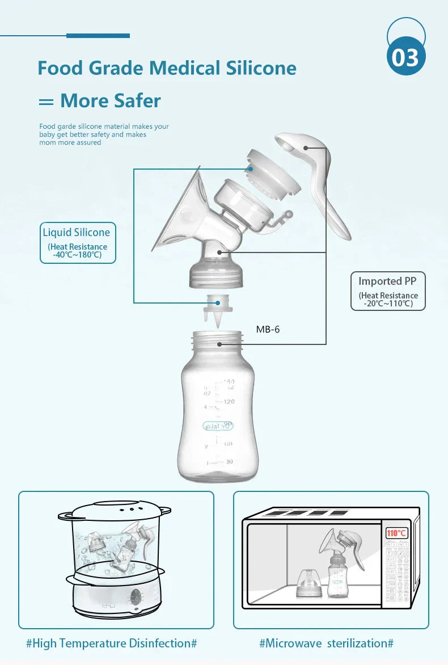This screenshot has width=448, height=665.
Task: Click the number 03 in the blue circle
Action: (406, 58)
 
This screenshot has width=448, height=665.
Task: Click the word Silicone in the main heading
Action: (261, 68)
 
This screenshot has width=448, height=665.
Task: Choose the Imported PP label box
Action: (388, 290)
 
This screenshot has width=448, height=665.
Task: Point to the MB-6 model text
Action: (268, 329)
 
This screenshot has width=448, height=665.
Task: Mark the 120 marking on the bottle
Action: (229, 402)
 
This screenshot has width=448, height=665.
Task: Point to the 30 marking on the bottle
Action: (229, 462)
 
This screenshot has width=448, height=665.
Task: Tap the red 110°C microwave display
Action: (396, 533)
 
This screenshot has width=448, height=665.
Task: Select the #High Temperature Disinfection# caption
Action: (111, 643)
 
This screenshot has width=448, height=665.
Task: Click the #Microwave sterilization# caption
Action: (326, 643)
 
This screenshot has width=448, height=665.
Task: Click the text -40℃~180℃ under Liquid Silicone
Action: (78, 255)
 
